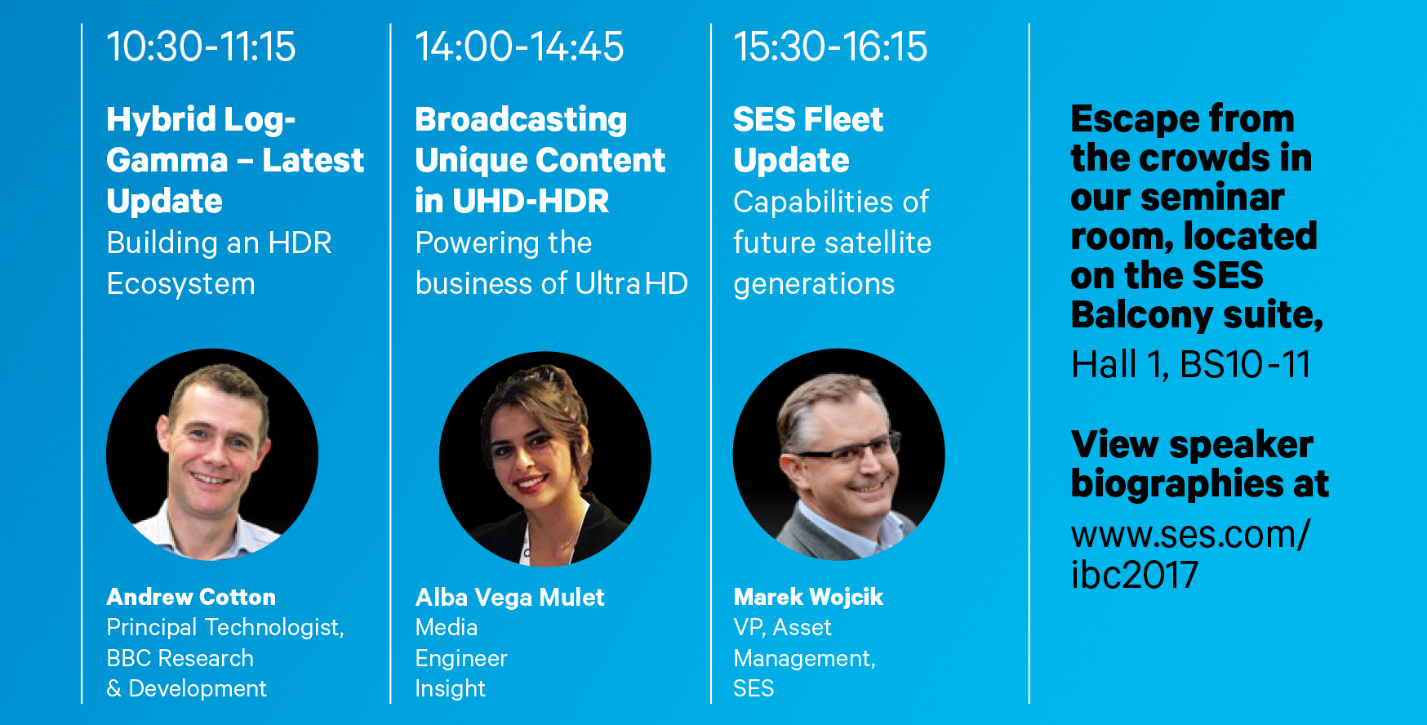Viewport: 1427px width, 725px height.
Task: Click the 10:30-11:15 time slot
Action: pyautogui.click(x=201, y=47)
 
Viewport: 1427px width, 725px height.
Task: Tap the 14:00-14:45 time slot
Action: pyautogui.click(x=519, y=47)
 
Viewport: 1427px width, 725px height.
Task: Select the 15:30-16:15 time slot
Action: pyautogui.click(x=830, y=47)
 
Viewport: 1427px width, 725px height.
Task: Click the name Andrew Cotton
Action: pyautogui.click(x=191, y=597)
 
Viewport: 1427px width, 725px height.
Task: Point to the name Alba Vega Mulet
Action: pyautogui.click(x=510, y=597)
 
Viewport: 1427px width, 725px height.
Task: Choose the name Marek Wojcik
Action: pyautogui.click(x=808, y=597)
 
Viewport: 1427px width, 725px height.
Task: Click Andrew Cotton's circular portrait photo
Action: pyautogui.click(x=212, y=455)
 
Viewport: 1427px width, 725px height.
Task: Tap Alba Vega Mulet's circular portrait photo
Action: pyautogui.click(x=545, y=459)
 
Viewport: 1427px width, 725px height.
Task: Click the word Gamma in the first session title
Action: pyautogui.click(x=167, y=160)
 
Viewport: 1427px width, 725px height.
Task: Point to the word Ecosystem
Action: pyautogui.click(x=181, y=284)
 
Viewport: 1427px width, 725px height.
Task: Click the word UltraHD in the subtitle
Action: pyautogui.click(x=632, y=283)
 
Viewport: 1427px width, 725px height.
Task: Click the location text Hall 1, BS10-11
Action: pyautogui.click(x=1191, y=364)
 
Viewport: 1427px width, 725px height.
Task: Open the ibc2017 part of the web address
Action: pyautogui.click(x=1135, y=575)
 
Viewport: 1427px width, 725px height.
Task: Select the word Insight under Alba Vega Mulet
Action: pyautogui.click(x=451, y=689)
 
